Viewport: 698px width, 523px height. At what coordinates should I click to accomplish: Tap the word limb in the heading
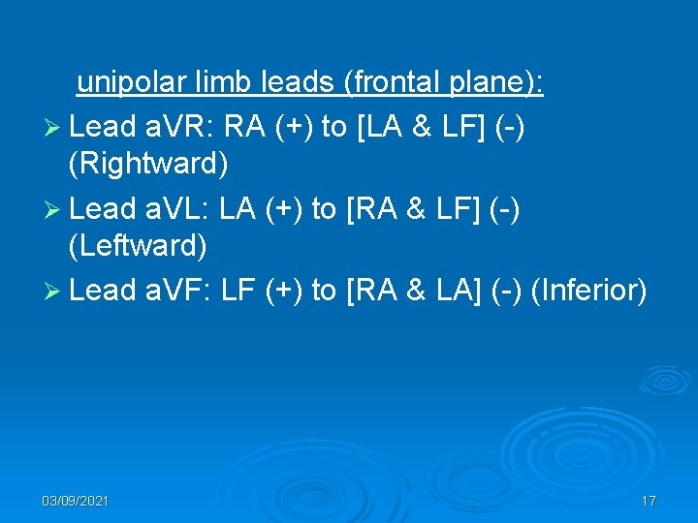tap(225, 83)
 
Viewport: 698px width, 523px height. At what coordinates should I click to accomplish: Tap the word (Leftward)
tap(139, 247)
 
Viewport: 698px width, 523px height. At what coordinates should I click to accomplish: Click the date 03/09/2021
tap(76, 501)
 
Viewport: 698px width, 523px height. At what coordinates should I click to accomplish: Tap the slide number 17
tap(649, 501)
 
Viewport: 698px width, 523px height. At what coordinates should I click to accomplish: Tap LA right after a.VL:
tap(239, 207)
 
